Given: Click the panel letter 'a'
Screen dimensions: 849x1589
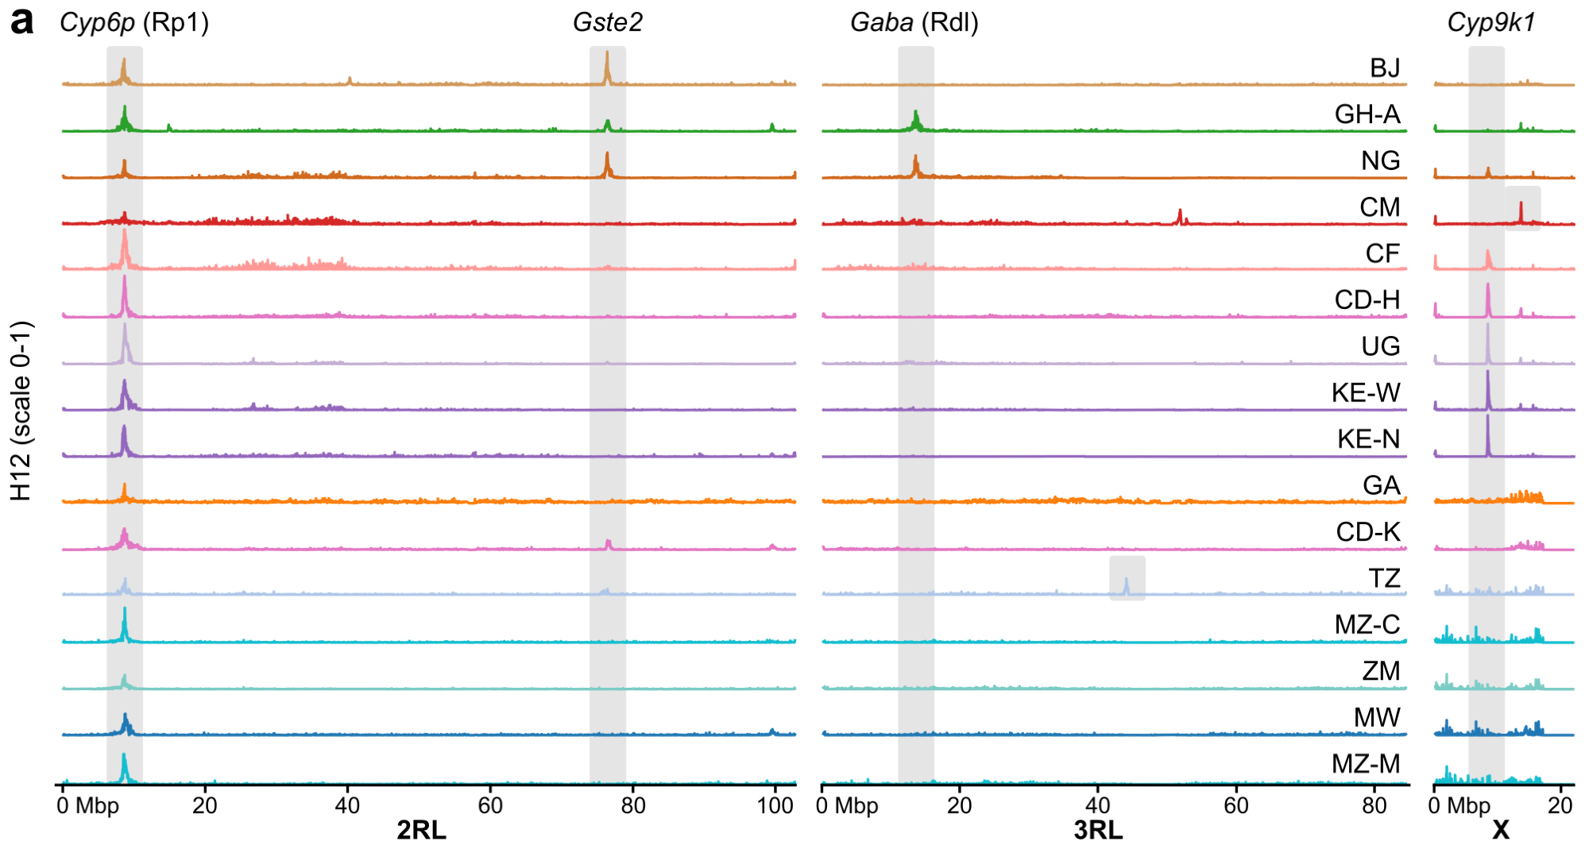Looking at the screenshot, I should pyautogui.click(x=21, y=21).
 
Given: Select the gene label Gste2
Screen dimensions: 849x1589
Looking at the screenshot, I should pyautogui.click(x=607, y=22).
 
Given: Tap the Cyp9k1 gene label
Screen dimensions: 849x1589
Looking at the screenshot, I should pyautogui.click(x=1490, y=22).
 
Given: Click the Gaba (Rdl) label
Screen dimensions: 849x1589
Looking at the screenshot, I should pyautogui.click(x=914, y=22).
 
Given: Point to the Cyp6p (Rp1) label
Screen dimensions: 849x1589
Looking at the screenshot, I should pyautogui.click(x=134, y=22).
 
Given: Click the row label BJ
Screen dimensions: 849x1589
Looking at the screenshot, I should pyautogui.click(x=1385, y=68).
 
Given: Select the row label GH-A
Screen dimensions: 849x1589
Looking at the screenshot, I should pyautogui.click(x=1367, y=114).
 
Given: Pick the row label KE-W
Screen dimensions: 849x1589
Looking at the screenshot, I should pyautogui.click(x=1366, y=392).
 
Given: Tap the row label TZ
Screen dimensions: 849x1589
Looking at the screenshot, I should pyautogui.click(x=1384, y=578).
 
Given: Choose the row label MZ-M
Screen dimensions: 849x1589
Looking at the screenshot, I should pyautogui.click(x=1366, y=764).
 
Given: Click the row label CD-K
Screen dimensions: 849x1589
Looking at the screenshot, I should pyautogui.click(x=1367, y=532).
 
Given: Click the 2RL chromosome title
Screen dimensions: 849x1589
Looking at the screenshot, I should pyautogui.click(x=421, y=831).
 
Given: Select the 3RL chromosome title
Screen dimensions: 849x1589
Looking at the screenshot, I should pyautogui.click(x=1098, y=831).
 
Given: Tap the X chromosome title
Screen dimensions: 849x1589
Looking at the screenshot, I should pyautogui.click(x=1500, y=831).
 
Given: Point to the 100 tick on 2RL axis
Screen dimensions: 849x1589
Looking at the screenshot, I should pyautogui.click(x=775, y=806).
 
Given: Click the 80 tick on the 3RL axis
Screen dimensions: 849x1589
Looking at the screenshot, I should pyautogui.click(x=1374, y=806).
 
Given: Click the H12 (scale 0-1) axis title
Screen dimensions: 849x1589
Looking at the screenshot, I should pyautogui.click(x=21, y=411).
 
